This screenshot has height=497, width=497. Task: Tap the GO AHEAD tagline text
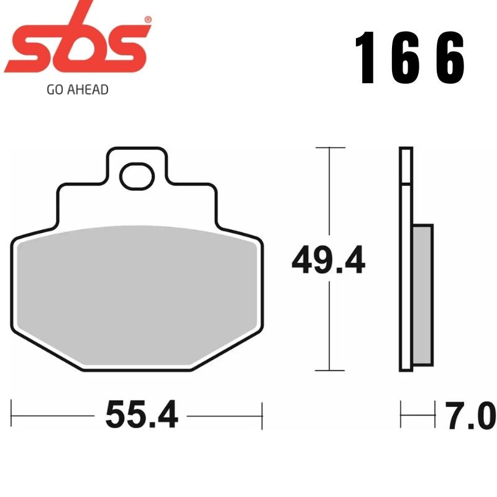[78, 90]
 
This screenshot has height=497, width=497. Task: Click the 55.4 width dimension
[141, 414]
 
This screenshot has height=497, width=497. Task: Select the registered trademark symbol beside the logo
[147, 20]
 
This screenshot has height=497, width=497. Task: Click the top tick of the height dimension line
[329, 148]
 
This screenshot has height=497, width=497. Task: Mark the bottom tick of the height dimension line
[329, 371]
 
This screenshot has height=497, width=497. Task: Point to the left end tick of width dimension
[12, 414]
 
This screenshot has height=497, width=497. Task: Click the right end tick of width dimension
[263, 414]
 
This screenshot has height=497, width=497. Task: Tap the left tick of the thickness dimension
[401, 414]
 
